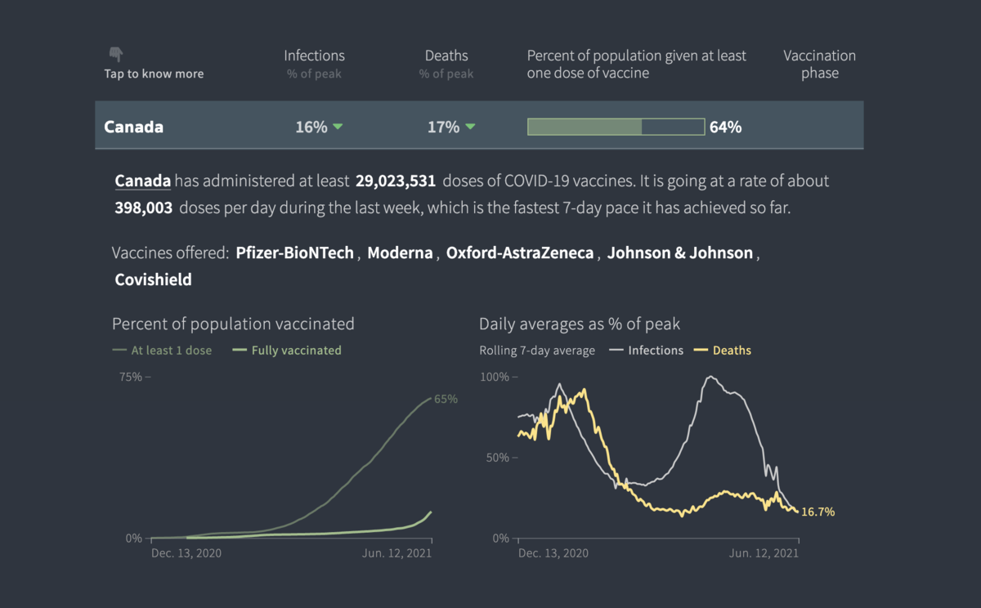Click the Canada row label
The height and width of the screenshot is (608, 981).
click(133, 127)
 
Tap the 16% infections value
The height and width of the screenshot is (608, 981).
click(311, 127)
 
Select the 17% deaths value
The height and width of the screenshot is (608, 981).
click(444, 127)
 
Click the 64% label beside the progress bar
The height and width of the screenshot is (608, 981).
click(725, 127)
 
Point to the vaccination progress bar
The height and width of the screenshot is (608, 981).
click(616, 127)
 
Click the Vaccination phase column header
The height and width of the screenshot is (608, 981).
click(819, 64)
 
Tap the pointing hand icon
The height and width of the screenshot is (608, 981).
click(116, 55)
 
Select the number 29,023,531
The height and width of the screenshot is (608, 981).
click(396, 181)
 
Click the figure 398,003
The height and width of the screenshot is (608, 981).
click(144, 208)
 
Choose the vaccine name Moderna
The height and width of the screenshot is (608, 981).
click(400, 253)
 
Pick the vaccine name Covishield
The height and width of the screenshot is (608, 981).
click(154, 279)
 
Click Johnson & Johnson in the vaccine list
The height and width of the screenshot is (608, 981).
click(680, 253)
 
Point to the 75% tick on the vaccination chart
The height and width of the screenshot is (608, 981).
click(131, 377)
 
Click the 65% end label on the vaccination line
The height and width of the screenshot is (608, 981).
click(446, 400)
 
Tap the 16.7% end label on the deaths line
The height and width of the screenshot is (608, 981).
click(817, 512)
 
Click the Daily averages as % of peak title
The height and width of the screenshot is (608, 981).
click(580, 324)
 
